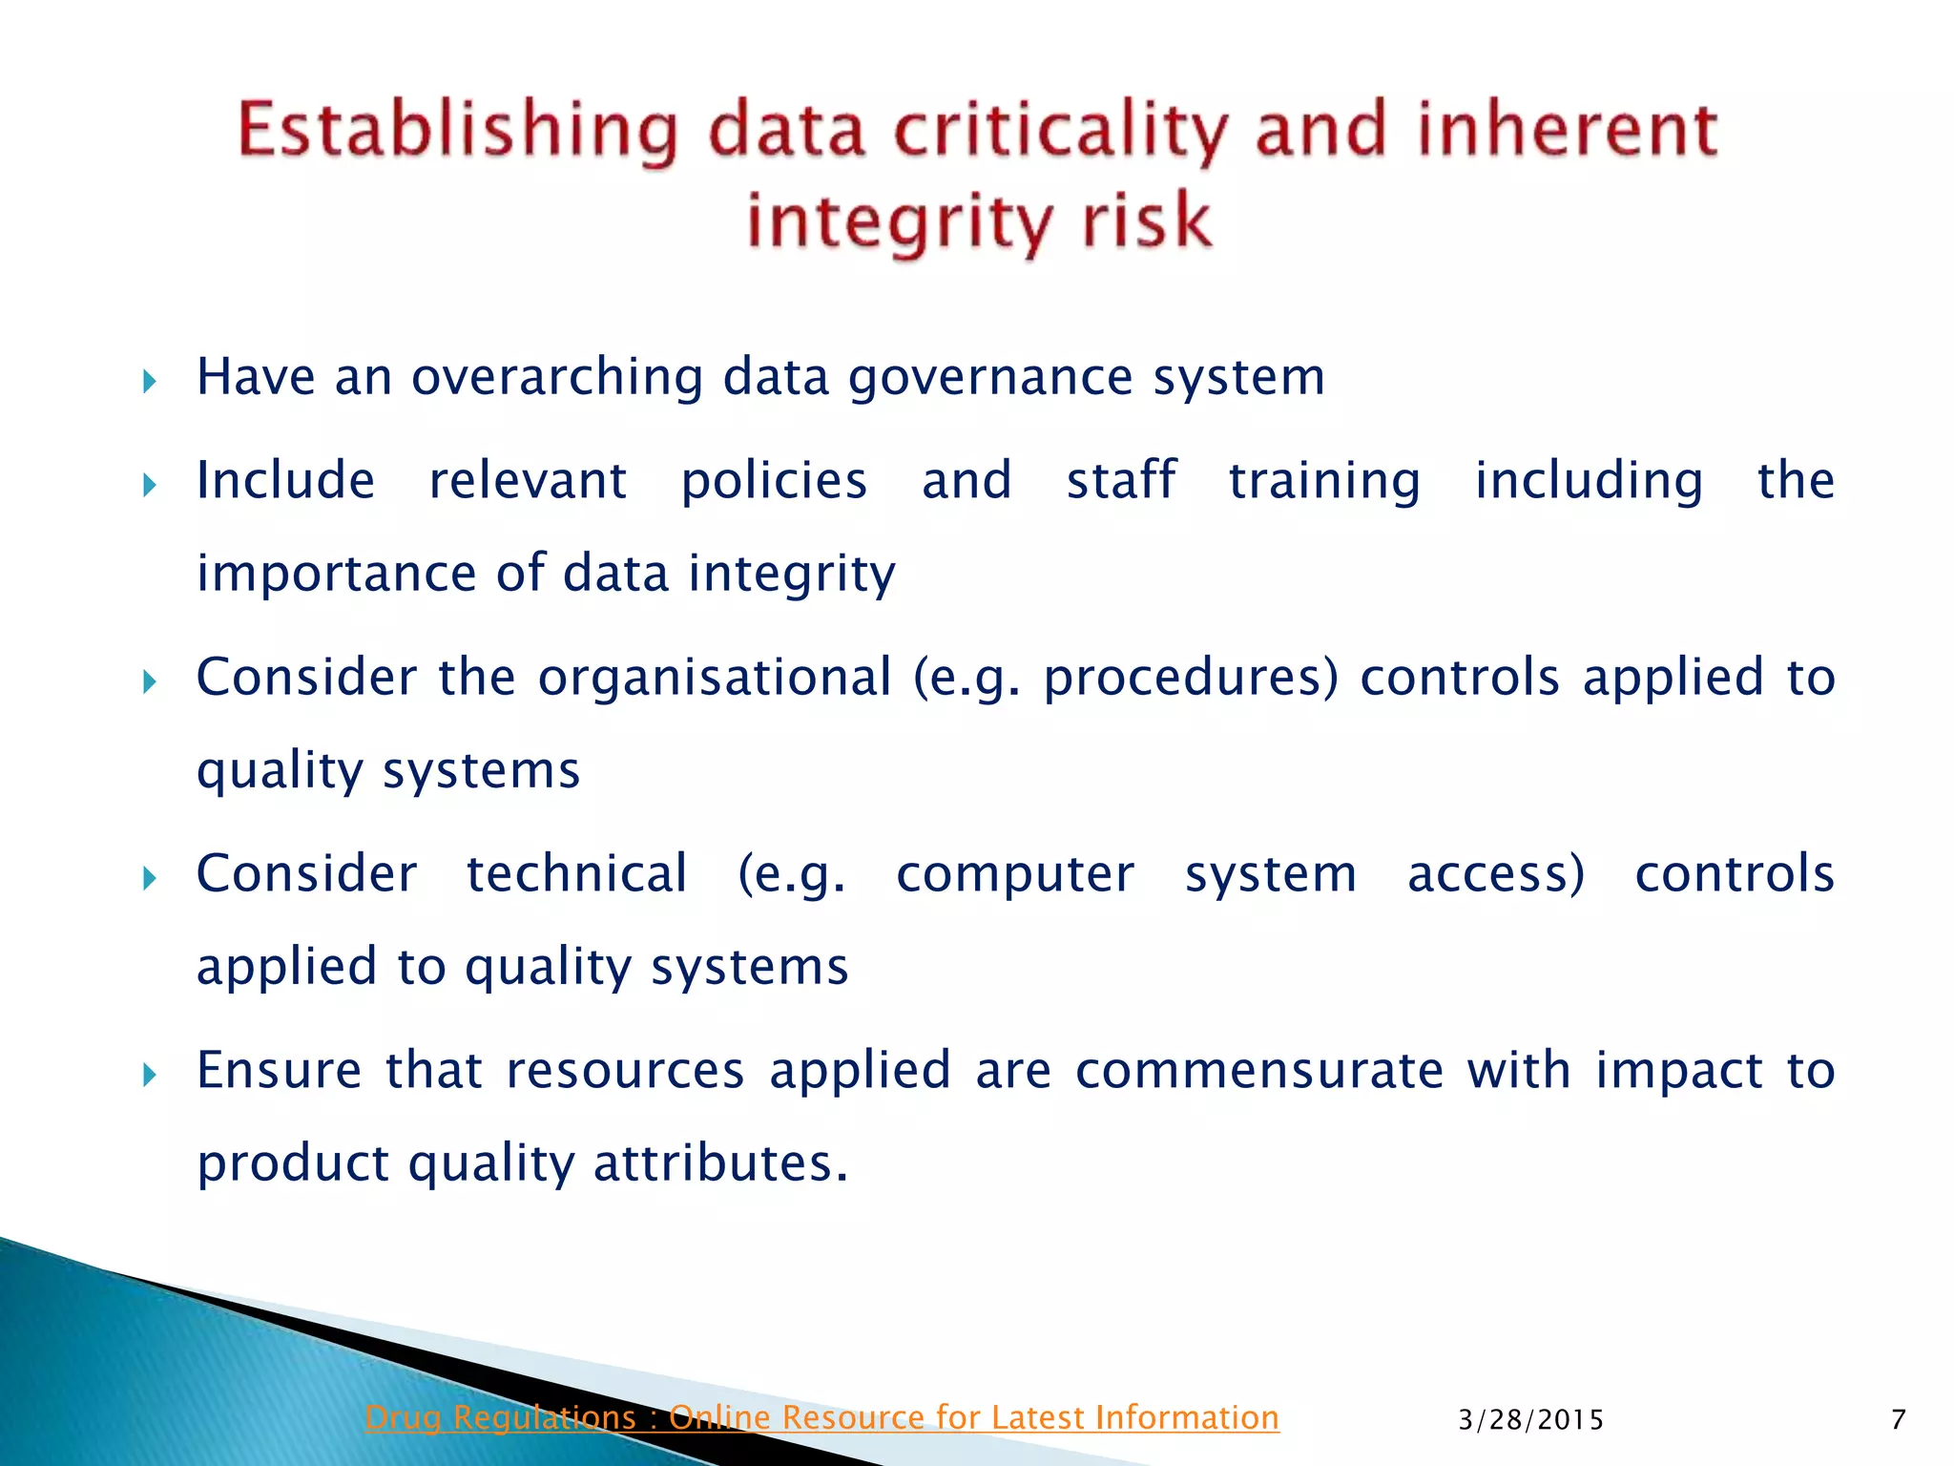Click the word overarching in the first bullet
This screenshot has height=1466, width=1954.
[x=556, y=377]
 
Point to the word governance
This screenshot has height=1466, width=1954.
[x=990, y=377]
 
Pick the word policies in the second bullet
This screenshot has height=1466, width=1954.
[x=774, y=480]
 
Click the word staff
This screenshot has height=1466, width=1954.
[x=1121, y=480]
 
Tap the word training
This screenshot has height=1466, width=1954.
[x=1324, y=480]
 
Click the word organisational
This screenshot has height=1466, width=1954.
[x=715, y=677]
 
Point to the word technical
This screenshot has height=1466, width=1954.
[x=576, y=873]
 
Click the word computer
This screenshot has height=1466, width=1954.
[x=1015, y=873]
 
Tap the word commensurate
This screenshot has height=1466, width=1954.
[x=1259, y=1070]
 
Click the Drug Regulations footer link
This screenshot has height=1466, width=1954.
[x=821, y=1417]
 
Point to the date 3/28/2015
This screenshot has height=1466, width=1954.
[x=1531, y=1420]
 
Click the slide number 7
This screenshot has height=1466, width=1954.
[x=1898, y=1419]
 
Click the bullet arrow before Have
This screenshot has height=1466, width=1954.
[x=149, y=383]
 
